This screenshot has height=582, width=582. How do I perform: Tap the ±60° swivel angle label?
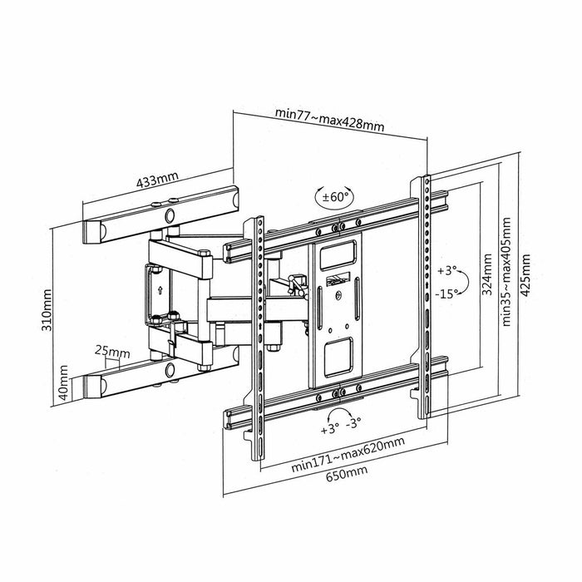334,197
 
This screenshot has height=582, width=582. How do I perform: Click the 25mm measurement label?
111,352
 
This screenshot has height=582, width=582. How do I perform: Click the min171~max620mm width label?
348,464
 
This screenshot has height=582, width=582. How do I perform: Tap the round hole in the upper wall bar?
170,215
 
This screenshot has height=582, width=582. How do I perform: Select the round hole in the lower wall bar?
170,368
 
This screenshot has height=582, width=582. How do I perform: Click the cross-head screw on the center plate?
338,293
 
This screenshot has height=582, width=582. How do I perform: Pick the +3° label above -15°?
449,270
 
